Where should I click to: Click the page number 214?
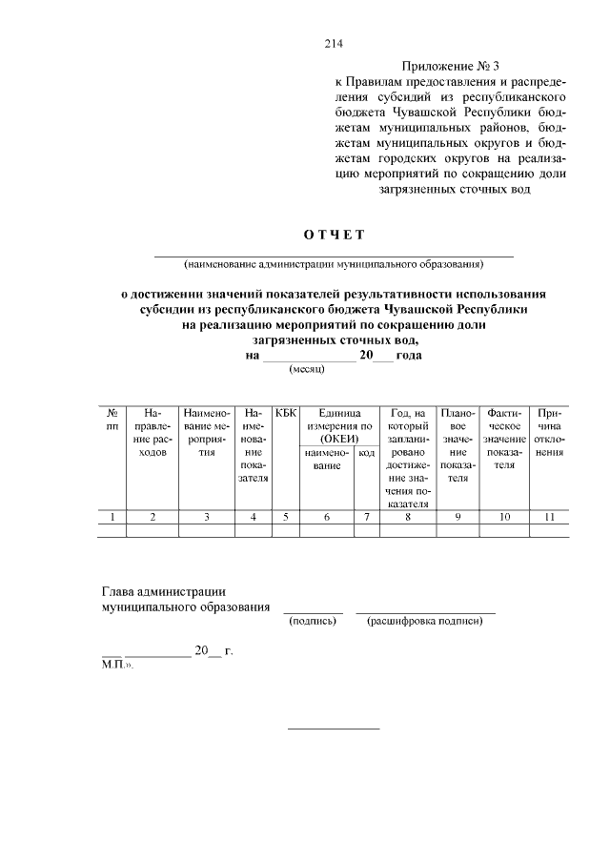(x=334, y=44)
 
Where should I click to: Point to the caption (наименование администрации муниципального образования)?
(x=335, y=263)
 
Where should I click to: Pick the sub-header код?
(x=366, y=453)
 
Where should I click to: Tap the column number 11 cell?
(x=549, y=517)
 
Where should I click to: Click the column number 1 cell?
(x=112, y=517)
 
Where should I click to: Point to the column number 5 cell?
(x=286, y=517)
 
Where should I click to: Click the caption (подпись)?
(x=313, y=622)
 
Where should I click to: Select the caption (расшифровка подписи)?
(x=426, y=622)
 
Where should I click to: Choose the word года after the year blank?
(x=410, y=355)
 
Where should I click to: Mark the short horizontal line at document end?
(x=334, y=729)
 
